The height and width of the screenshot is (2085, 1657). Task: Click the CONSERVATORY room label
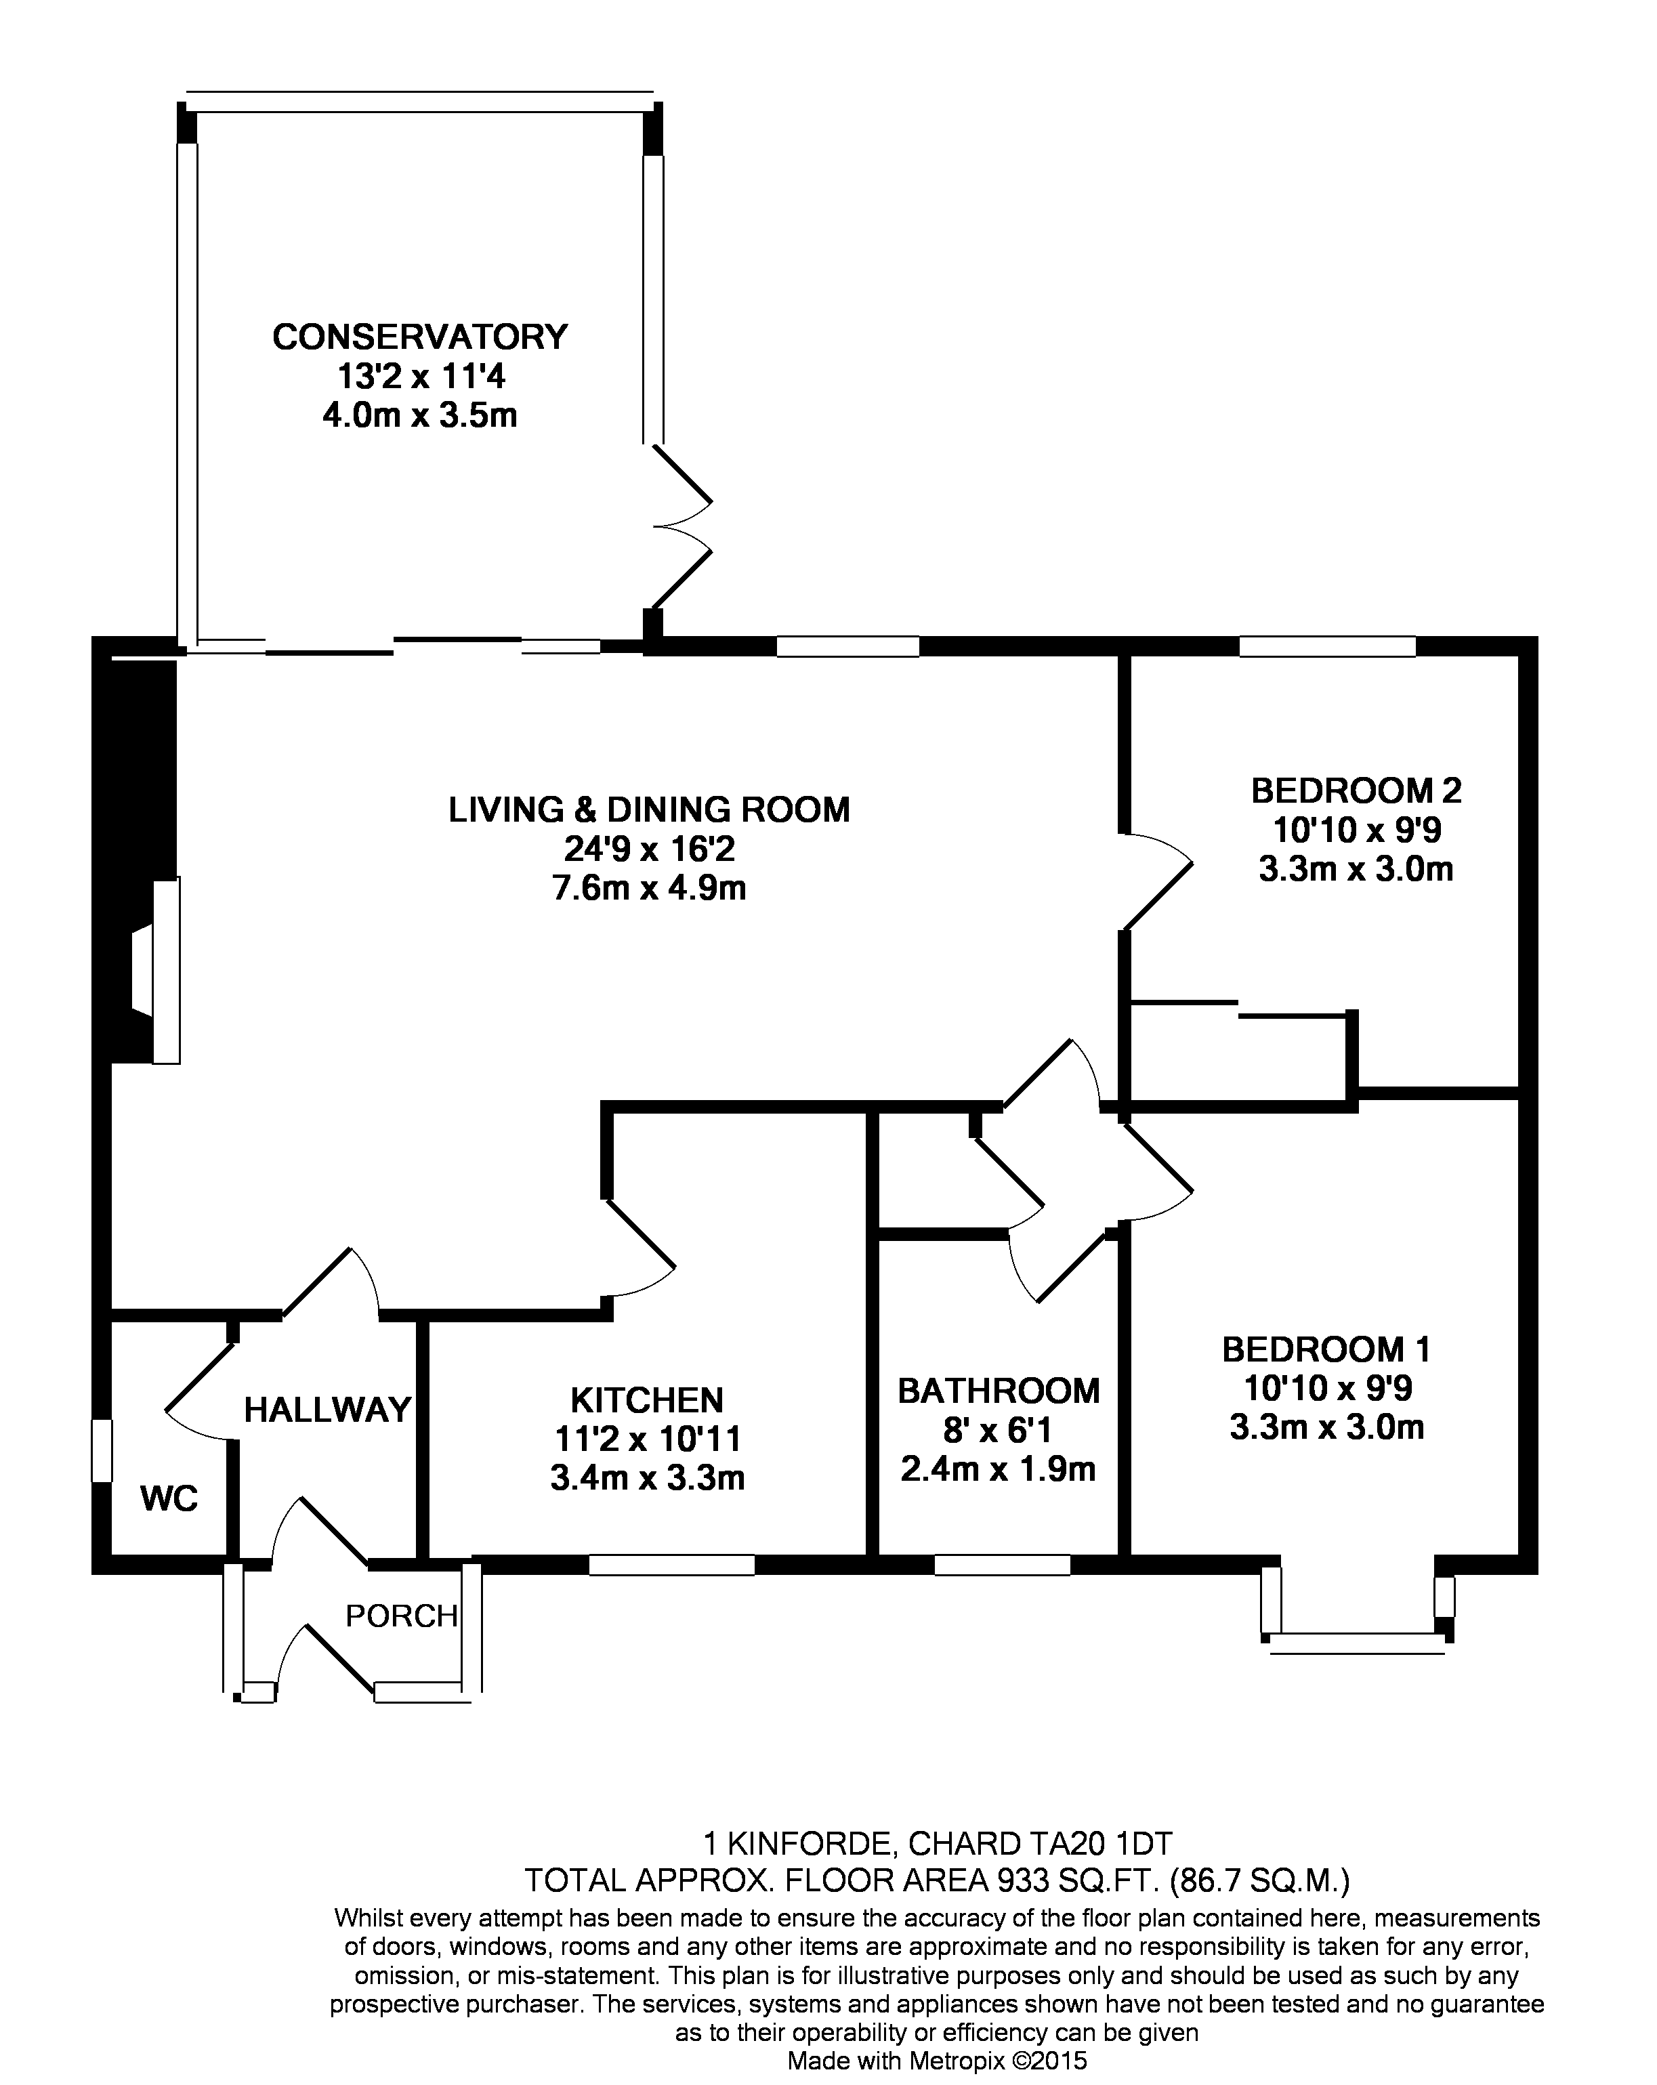[420, 337]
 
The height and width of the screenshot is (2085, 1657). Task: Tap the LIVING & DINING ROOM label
[649, 809]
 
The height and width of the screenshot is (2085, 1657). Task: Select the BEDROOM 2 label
[1356, 790]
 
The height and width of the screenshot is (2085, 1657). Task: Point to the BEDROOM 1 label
[1326, 1349]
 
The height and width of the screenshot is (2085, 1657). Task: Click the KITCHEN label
[647, 1399]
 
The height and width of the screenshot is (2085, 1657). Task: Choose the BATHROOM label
[999, 1391]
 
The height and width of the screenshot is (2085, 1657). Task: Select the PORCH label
[402, 1615]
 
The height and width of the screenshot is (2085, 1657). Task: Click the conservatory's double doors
[682, 527]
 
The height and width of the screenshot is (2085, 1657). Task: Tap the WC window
[102, 1450]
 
